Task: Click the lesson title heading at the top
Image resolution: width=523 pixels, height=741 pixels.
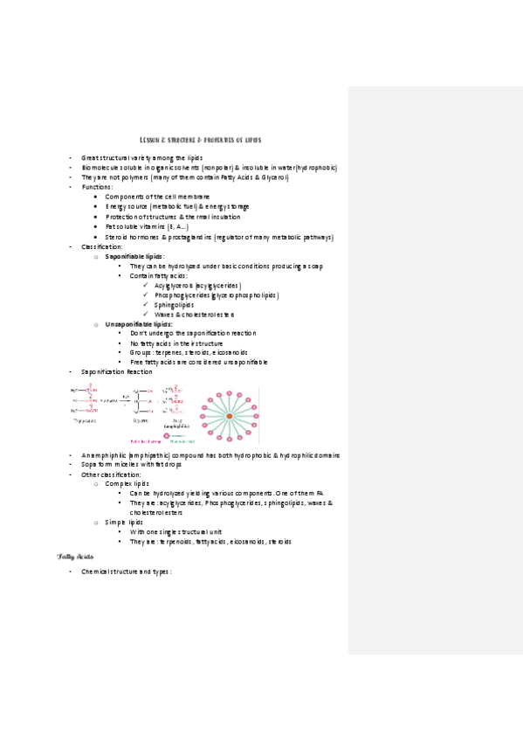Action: click(201, 140)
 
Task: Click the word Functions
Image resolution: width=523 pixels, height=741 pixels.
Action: click(96, 187)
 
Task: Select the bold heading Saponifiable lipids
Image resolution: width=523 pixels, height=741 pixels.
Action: click(134, 256)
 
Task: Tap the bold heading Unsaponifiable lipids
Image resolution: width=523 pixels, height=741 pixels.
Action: click(138, 324)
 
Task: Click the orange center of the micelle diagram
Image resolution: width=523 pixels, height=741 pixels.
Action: click(230, 415)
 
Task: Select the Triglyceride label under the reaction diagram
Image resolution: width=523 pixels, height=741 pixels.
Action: click(86, 420)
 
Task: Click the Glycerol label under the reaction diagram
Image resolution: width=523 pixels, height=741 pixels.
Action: click(140, 420)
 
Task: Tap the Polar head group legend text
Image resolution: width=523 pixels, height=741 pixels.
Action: click(144, 441)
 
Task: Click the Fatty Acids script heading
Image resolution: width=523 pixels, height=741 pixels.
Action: click(75, 557)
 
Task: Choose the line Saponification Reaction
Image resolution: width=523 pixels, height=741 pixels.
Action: click(116, 372)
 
